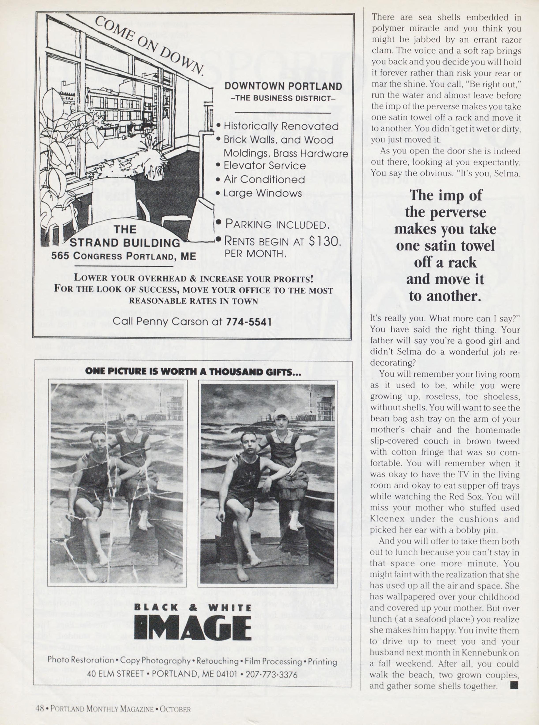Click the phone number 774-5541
pyautogui.click(x=249, y=322)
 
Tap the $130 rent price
pyautogui.click(x=324, y=241)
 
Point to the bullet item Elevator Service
pyautogui.click(x=265, y=166)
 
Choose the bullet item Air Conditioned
pyautogui.click(x=264, y=179)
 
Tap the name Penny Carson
pyautogui.click(x=171, y=322)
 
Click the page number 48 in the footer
pyautogui.click(x=39, y=709)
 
